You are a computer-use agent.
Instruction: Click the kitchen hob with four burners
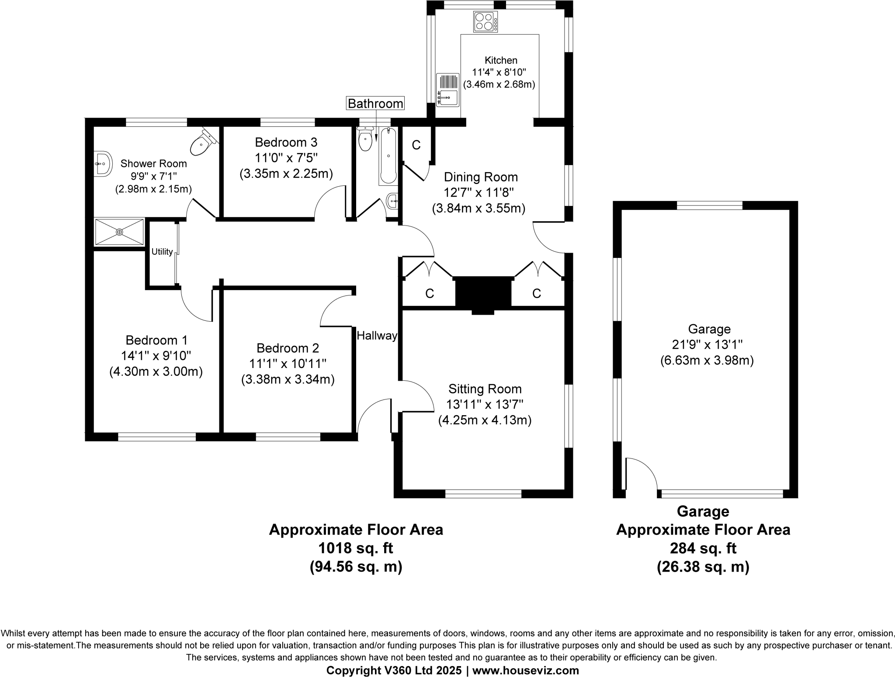pos(485,22)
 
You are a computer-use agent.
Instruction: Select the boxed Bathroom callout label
pos(375,104)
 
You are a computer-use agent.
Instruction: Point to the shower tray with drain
pos(119,232)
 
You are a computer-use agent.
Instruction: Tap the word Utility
pos(162,252)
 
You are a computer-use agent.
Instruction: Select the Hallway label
pos(377,336)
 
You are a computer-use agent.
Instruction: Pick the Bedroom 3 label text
pos(286,142)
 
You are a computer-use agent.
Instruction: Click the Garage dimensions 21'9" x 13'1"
pos(707,345)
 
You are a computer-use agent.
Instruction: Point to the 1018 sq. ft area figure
pos(355,548)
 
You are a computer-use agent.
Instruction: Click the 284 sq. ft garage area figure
pos(703,548)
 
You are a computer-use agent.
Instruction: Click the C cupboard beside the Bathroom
pos(416,145)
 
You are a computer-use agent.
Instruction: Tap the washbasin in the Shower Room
pos(102,164)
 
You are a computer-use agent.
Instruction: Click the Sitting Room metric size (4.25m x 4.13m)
pos(485,420)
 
